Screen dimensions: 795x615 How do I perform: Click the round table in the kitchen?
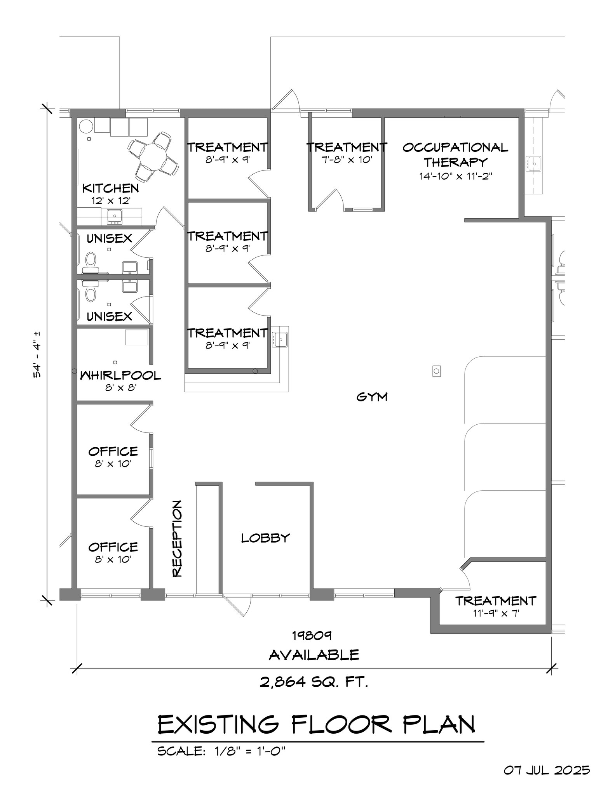(x=153, y=157)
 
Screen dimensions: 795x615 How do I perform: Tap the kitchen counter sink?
(x=114, y=216)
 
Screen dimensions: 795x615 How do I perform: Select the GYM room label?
(x=372, y=397)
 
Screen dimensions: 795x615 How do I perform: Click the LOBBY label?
(x=265, y=538)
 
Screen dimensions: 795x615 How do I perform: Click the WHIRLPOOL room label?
(x=120, y=375)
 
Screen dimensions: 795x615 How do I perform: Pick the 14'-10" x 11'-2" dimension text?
(x=455, y=176)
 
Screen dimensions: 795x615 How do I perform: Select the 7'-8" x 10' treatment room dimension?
(x=347, y=160)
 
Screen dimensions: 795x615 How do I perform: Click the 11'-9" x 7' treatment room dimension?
(x=495, y=613)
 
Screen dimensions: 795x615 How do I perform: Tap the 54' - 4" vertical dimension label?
(x=37, y=354)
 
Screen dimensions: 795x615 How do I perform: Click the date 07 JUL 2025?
(x=547, y=770)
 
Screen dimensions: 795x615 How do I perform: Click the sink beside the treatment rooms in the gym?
(x=279, y=339)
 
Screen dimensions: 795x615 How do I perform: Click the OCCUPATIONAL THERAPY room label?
(x=455, y=154)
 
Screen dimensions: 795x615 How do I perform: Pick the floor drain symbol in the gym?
(x=436, y=371)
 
